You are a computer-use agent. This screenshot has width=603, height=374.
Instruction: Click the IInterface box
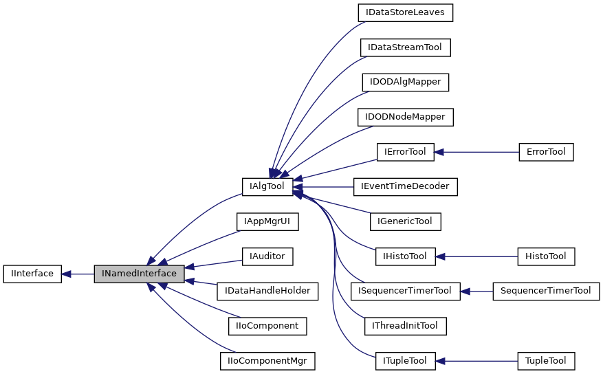pyautogui.click(x=33, y=274)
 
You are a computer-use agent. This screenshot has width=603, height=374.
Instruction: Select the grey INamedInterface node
pyautogui.click(x=139, y=274)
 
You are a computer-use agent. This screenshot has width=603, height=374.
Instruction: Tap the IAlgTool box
pyautogui.click(x=267, y=186)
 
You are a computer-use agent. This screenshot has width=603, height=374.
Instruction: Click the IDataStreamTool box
pyautogui.click(x=406, y=47)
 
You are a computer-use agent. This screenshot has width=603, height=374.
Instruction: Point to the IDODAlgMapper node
pyautogui.click(x=406, y=82)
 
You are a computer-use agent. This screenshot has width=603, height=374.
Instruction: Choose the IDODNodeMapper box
pyautogui.click(x=406, y=117)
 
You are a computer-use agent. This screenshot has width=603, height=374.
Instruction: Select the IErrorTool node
pyautogui.click(x=405, y=152)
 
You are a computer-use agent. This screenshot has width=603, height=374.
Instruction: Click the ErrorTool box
pyautogui.click(x=545, y=152)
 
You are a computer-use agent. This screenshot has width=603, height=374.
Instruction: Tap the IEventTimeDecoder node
pyautogui.click(x=406, y=186)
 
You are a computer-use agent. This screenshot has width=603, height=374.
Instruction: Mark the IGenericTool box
pyautogui.click(x=405, y=221)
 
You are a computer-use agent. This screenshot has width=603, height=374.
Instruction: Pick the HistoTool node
pyautogui.click(x=545, y=256)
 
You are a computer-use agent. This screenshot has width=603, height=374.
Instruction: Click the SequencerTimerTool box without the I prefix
pyautogui.click(x=546, y=291)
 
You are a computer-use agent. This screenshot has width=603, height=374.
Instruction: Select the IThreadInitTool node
pyautogui.click(x=406, y=326)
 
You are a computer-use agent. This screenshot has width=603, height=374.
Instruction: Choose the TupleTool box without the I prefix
pyautogui.click(x=545, y=361)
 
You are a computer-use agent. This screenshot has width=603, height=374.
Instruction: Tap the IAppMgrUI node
pyautogui.click(x=267, y=221)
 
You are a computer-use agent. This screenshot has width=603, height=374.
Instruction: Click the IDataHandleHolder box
pyautogui.click(x=267, y=291)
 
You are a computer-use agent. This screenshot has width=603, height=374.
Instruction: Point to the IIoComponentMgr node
pyautogui.click(x=267, y=361)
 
